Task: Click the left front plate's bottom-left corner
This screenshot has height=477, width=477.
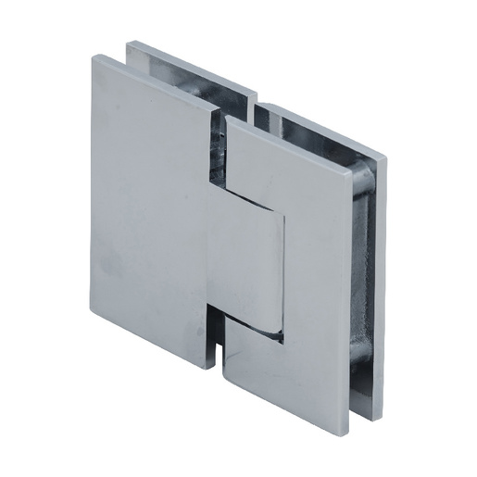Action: (95, 308)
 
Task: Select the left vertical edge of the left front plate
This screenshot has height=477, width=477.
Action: (94, 185)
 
